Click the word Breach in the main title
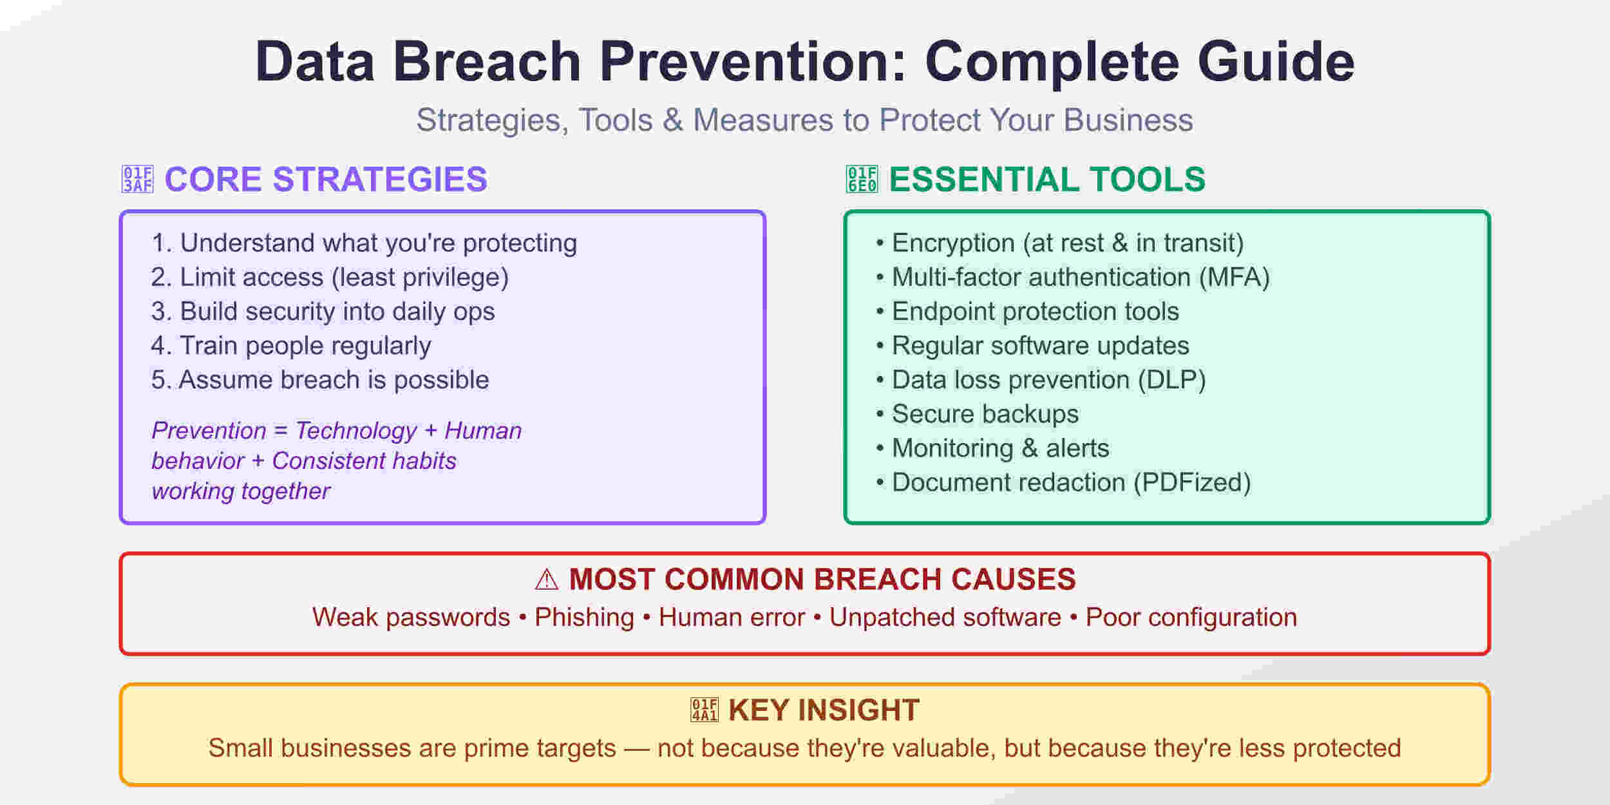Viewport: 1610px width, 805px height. (x=487, y=62)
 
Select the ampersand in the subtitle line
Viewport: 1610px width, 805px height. (x=672, y=120)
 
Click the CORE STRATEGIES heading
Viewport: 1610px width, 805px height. (x=326, y=180)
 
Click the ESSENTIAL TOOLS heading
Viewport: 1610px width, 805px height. (x=1046, y=180)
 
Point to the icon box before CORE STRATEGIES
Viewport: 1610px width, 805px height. (x=138, y=180)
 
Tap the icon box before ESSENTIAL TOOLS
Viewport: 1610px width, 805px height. (x=862, y=180)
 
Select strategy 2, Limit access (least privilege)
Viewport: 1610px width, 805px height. (x=330, y=278)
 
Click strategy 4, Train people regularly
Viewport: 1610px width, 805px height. (x=291, y=346)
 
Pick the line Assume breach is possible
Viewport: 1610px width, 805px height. (x=320, y=380)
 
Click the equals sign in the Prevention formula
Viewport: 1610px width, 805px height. (x=280, y=431)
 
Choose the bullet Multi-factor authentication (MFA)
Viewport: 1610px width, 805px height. (x=1080, y=278)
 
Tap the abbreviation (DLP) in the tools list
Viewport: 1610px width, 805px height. (x=1171, y=380)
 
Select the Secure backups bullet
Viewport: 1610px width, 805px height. (x=985, y=414)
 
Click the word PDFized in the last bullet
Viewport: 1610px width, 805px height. (x=1191, y=482)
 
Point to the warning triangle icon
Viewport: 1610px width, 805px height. (x=547, y=580)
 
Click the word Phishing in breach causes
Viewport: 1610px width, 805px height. (x=584, y=618)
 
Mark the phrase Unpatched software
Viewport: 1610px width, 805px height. (x=945, y=618)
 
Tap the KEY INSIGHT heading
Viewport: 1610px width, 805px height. (x=823, y=710)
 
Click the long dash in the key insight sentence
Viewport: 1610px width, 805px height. (x=636, y=748)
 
